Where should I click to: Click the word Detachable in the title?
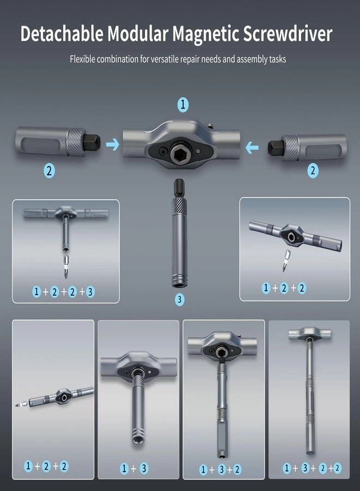coord(62,34)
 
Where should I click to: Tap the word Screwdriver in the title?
coord(287,34)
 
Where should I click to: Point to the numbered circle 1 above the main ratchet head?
coord(183,104)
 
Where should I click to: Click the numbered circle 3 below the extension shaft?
coord(179,300)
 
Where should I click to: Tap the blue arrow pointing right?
coord(112,145)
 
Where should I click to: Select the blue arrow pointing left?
coord(252,147)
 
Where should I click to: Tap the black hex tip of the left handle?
coord(93,141)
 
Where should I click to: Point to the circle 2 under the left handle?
coord(49,171)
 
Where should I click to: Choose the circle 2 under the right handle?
coord(313,171)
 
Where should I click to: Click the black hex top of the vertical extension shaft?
coord(179,188)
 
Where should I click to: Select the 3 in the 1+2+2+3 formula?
coord(90,292)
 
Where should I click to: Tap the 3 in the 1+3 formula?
coord(143,469)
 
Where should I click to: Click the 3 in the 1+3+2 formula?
coord(221,469)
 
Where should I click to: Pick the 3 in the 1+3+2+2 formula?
coord(305,468)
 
